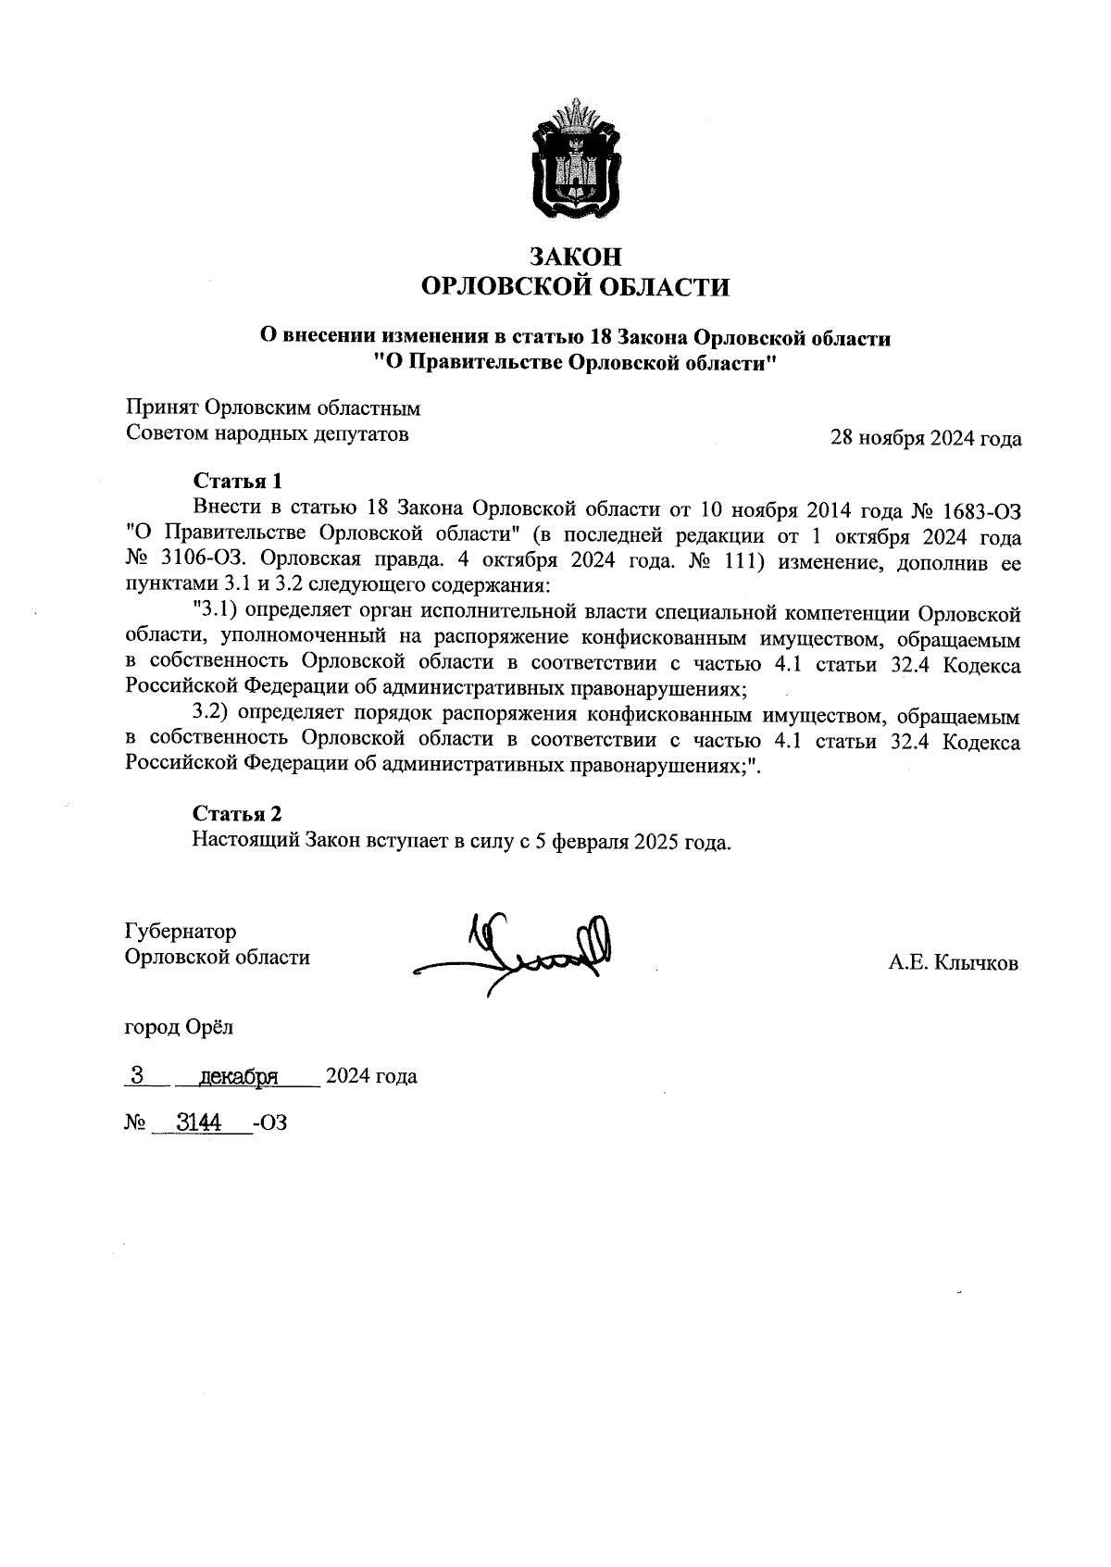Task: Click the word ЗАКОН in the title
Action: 574,257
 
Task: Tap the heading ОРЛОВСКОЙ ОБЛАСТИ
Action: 574,287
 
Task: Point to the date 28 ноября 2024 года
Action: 926,438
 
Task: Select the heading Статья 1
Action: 236,481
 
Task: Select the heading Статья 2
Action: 236,813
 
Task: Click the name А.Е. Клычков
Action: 953,964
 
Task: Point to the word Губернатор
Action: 181,931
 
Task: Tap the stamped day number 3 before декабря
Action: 137,1075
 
